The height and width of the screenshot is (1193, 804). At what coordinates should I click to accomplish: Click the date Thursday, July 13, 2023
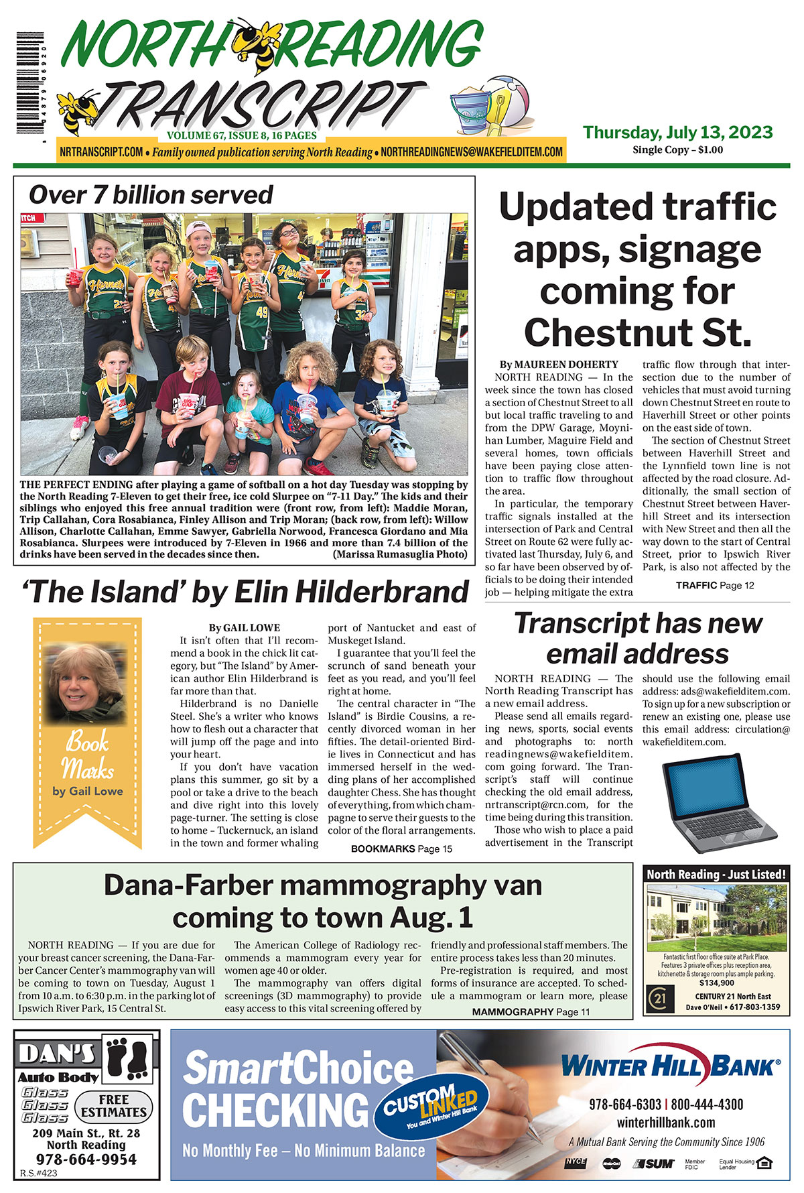coord(677,132)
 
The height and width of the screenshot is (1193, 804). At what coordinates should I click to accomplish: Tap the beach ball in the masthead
coord(507,101)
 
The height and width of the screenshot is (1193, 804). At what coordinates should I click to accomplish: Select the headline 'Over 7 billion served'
coord(151,195)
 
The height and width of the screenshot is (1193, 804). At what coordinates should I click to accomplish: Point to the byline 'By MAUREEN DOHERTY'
coord(559,365)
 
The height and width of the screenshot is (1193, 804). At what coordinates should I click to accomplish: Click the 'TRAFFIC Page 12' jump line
coord(715,585)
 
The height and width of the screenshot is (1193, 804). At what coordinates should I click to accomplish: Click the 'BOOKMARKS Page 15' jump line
coord(401,849)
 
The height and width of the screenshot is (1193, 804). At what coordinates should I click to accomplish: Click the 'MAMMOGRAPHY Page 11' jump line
coord(531,1012)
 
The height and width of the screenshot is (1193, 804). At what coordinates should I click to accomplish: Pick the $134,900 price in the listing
coord(716,983)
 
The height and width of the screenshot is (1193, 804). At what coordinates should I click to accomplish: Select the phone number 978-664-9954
coord(86,1159)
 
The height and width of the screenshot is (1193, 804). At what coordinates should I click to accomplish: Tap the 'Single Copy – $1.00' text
coord(677,150)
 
